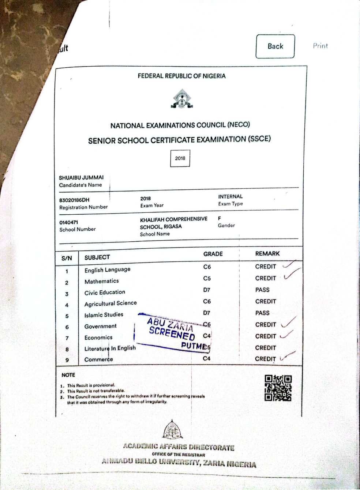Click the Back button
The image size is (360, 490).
click(275, 46)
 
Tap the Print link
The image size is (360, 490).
click(320, 46)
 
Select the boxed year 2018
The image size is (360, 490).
click(180, 158)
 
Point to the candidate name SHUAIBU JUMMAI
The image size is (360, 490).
click(81, 178)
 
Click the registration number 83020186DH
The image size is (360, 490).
click(74, 200)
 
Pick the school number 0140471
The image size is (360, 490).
click(69, 222)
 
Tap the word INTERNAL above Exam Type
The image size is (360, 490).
click(230, 196)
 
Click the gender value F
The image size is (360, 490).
click(220, 218)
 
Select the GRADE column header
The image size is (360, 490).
click(213, 254)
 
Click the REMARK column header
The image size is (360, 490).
click(267, 253)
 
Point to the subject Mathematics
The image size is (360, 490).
click(102, 281)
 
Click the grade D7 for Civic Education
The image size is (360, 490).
click(207, 290)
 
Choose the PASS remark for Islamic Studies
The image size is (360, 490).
click(262, 313)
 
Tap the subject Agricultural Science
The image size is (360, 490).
click(110, 304)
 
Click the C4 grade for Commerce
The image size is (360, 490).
click(207, 358)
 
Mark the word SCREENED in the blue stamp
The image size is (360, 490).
click(172, 333)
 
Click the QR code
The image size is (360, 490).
click(278, 388)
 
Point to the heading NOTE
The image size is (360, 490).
click(68, 375)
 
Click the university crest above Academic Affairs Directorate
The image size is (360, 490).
click(173, 430)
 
